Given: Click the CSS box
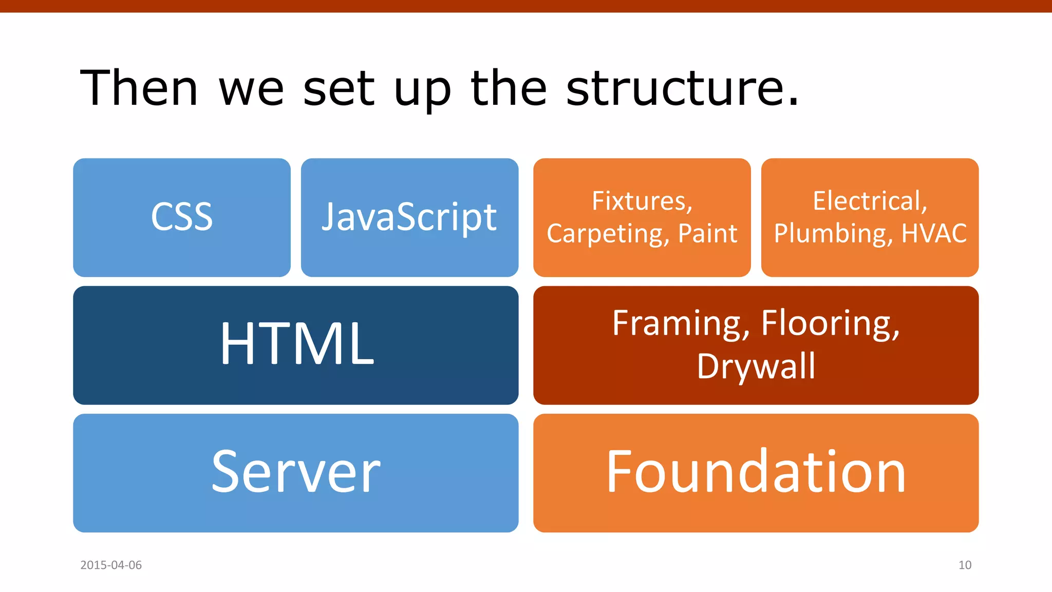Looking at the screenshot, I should [181, 217].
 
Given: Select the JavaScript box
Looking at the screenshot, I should [409, 217].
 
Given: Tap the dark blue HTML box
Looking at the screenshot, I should [296, 345].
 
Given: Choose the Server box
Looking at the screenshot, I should [296, 472].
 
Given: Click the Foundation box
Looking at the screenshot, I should [756, 472].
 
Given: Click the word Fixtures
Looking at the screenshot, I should [642, 201].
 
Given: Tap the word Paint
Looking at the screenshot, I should [707, 234].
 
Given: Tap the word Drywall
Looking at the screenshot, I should [756, 366].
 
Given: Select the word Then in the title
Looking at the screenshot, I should [139, 88].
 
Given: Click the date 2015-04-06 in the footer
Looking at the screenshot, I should [111, 565].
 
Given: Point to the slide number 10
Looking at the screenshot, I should [964, 565].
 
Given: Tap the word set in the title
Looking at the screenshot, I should [339, 88].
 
